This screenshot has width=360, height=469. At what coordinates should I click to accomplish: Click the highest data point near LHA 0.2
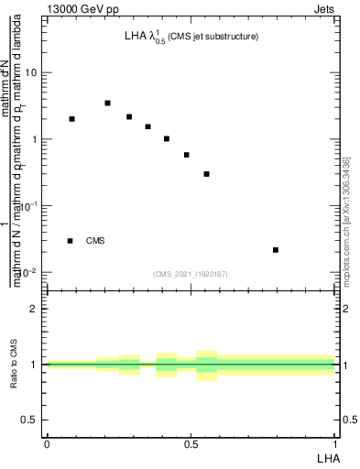pyautogui.click(x=107, y=103)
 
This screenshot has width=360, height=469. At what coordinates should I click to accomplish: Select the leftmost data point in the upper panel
pyautogui.click(x=72, y=119)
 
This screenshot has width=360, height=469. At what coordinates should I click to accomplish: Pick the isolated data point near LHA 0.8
pyautogui.click(x=276, y=249)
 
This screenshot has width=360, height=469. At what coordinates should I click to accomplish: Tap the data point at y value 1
pyautogui.click(x=167, y=138)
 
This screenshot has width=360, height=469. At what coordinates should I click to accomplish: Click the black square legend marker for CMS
pyautogui.click(x=70, y=241)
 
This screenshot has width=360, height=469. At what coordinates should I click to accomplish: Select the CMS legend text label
pyautogui.click(x=95, y=241)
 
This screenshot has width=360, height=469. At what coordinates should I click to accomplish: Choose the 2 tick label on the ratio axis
pyautogui.click(x=34, y=309)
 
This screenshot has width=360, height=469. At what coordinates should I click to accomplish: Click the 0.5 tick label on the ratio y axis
pyautogui.click(x=31, y=420)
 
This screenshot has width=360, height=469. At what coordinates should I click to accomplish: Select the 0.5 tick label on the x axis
pyautogui.click(x=191, y=444)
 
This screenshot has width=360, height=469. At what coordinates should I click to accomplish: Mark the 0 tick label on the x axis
pyautogui.click(x=47, y=444)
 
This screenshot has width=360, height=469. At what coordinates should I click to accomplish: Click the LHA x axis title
pyautogui.click(x=328, y=457)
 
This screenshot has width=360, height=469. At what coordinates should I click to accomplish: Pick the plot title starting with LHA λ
pyautogui.click(x=191, y=37)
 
